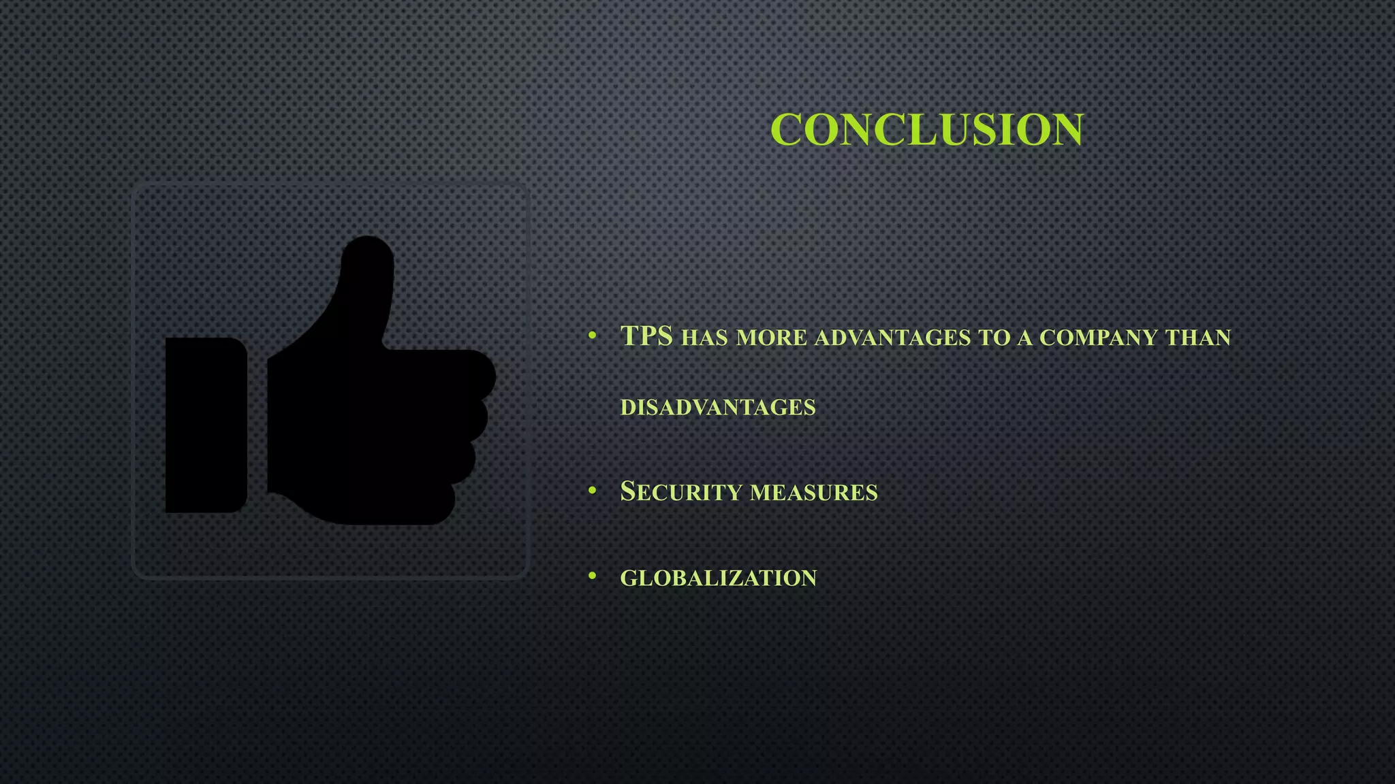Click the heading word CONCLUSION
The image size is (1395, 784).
click(x=927, y=129)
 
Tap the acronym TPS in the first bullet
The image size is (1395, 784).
click(x=646, y=336)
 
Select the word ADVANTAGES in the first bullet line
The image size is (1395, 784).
click(x=892, y=338)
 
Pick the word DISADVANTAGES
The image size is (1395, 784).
click(x=718, y=407)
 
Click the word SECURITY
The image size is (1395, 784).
click(x=681, y=491)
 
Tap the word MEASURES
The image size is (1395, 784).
click(x=814, y=492)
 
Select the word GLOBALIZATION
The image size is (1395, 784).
click(x=718, y=578)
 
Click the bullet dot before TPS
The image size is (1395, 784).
click(x=593, y=336)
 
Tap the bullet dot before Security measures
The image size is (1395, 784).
click(x=593, y=490)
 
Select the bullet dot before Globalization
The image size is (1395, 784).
click(x=593, y=576)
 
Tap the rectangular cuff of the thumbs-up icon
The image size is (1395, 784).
click(x=206, y=425)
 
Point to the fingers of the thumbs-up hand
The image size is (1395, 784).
click(x=470, y=422)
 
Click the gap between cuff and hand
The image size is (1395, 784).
click(x=257, y=425)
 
